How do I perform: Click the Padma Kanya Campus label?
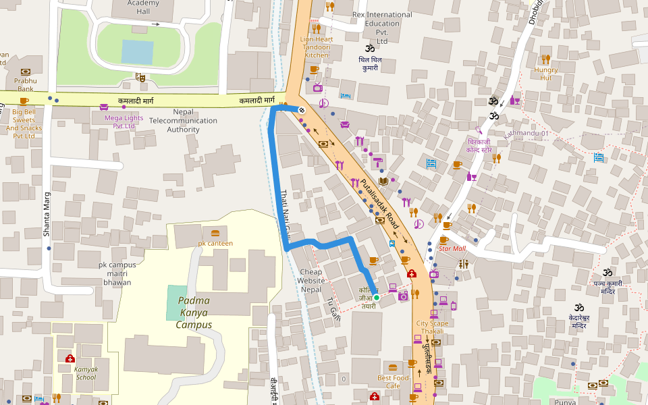tap(194, 313)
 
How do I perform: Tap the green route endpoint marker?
tap(377, 298)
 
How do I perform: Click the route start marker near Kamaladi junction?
tap(302, 109)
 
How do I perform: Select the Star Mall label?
tap(452, 248)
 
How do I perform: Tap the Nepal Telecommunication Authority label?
tap(183, 120)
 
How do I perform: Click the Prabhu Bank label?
tap(26, 84)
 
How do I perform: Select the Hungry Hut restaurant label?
tap(546, 74)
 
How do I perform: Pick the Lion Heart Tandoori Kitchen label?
tap(316, 47)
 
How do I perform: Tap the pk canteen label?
tap(215, 243)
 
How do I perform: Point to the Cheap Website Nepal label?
tap(311, 280)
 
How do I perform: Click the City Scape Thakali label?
tap(432, 327)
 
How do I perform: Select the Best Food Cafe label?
tap(393, 382)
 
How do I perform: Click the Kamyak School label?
tap(86, 373)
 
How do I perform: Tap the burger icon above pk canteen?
tap(215, 233)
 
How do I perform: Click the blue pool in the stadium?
tap(138, 51)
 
